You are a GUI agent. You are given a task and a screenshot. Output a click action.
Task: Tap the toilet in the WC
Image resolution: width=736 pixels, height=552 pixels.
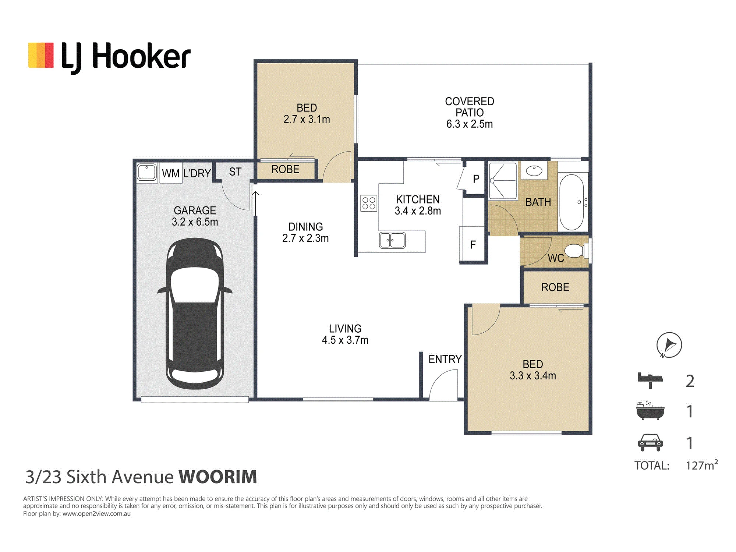click(576, 251)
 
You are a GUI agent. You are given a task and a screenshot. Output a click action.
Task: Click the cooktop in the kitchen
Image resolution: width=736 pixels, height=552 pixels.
click(369, 203)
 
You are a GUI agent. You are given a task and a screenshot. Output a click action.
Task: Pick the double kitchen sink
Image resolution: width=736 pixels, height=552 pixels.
click(392, 240)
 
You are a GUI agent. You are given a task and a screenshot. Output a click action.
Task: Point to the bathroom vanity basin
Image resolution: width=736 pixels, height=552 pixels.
click(534, 171)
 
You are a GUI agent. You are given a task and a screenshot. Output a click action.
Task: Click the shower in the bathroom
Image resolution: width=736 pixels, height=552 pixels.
click(503, 181)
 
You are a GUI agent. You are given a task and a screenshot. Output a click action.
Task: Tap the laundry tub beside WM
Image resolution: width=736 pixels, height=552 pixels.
click(147, 172)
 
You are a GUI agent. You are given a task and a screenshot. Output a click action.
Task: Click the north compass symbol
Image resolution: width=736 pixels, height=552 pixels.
click(669, 345)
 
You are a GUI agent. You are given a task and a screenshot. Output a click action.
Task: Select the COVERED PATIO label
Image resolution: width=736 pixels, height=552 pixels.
click(470, 107)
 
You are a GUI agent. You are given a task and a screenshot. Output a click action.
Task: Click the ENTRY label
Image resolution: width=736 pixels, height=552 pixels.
click(445, 359)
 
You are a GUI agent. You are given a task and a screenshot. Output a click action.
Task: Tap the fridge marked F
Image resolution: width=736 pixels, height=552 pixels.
click(473, 245)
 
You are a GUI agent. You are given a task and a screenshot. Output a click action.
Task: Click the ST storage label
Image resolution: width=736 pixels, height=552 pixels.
click(235, 172)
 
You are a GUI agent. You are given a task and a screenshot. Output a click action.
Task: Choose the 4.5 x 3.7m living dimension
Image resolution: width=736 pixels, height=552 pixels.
click(345, 340)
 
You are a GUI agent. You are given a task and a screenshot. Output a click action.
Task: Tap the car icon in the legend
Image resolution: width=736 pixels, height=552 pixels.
click(650, 443)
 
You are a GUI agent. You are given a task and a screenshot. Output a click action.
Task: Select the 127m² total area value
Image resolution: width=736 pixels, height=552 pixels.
click(702, 465)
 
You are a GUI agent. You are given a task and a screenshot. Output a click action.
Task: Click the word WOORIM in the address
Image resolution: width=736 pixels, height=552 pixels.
click(218, 477)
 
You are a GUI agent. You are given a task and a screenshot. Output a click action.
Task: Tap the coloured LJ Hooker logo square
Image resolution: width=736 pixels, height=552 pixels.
click(41, 55)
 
